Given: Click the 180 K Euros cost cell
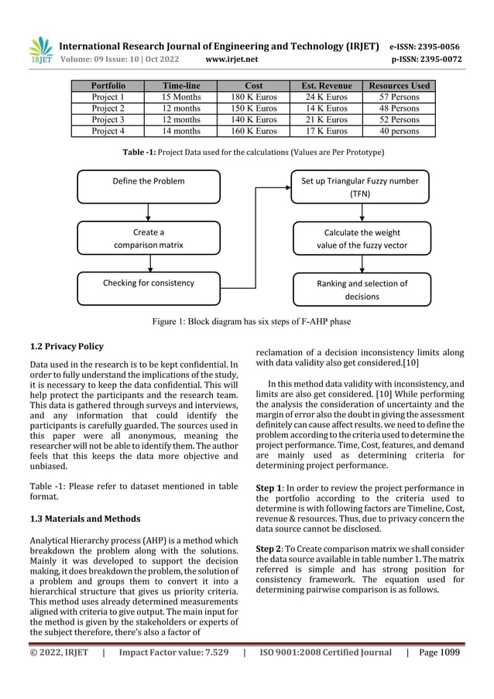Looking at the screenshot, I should pos(253,98).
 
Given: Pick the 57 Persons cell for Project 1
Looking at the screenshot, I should pos(399,98).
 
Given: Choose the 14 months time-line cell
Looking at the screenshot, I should pos(180,131).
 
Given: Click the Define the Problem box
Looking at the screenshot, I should pos(148,181).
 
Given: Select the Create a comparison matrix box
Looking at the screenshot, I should pos(148,238).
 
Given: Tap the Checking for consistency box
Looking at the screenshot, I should pos(148,283).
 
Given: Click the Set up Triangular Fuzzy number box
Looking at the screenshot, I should pos(359,187).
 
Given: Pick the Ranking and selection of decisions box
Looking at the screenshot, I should pos(361,290).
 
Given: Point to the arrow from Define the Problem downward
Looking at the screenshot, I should pos(148,211).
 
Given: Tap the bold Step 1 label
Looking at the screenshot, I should pos(270,488).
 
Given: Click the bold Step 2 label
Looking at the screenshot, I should pos(270,547).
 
